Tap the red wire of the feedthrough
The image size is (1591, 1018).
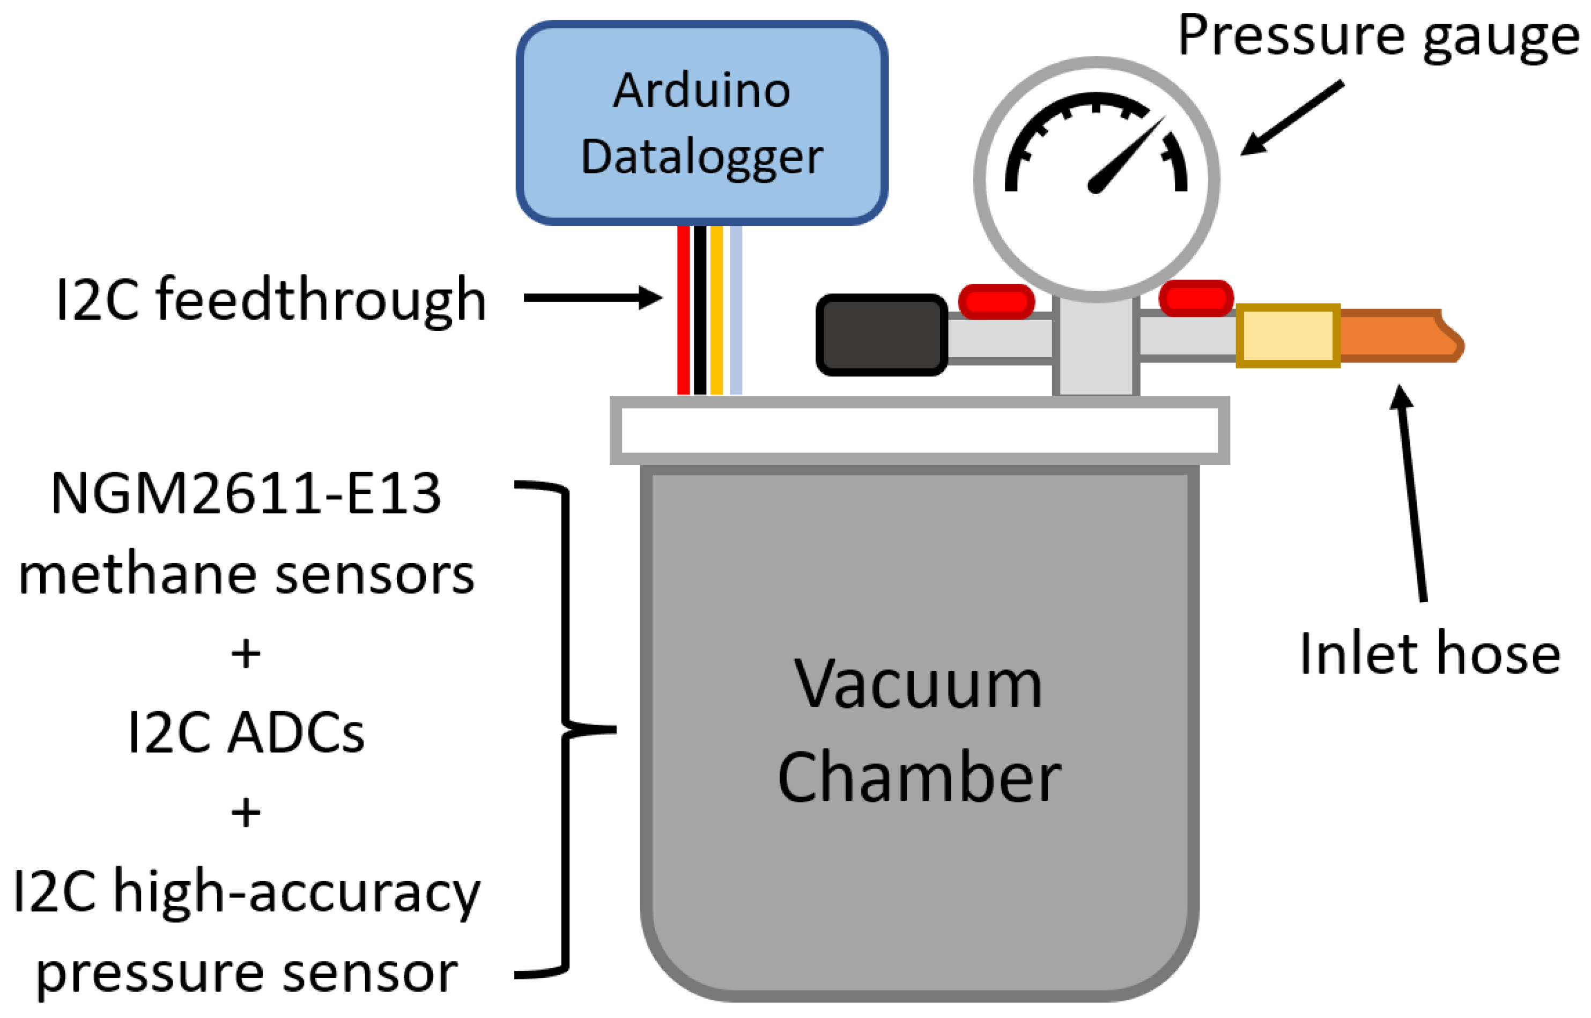(683, 311)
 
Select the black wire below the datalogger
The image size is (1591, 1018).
(700, 311)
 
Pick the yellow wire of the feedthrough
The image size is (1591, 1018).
(716, 311)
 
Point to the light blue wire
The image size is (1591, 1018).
(735, 311)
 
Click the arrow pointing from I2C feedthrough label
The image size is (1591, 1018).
(592, 298)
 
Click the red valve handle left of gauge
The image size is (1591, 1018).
(996, 301)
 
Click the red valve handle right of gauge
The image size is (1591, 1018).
(1195, 298)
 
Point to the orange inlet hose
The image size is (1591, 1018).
(1394, 335)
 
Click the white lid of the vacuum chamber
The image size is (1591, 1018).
(919, 430)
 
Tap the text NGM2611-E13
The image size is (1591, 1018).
(246, 494)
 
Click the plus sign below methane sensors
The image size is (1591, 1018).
(246, 655)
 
